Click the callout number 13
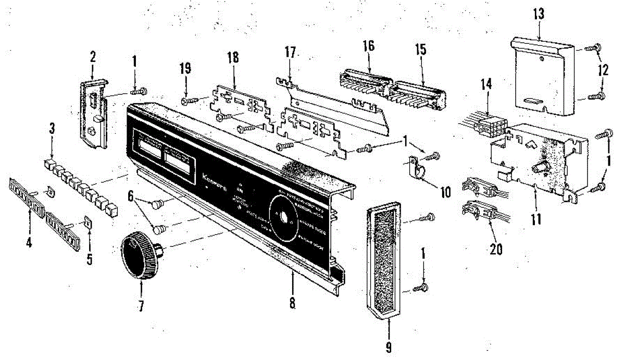click(538, 14)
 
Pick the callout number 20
click(496, 249)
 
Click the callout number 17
click(290, 53)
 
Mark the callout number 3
click(51, 127)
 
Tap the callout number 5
click(89, 259)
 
